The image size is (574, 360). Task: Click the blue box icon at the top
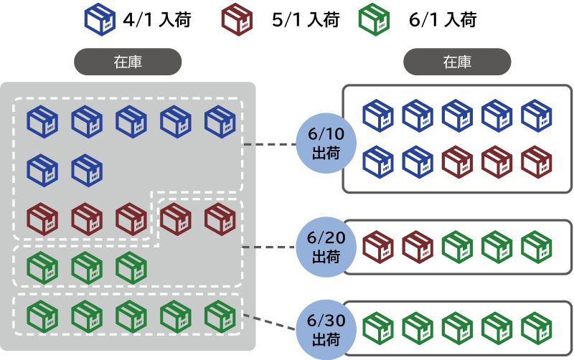[x=100, y=19]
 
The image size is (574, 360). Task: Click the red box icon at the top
[x=237, y=19]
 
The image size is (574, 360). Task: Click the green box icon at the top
[x=374, y=19]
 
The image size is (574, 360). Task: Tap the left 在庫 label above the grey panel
[x=128, y=62]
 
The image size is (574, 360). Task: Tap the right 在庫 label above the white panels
[x=457, y=62]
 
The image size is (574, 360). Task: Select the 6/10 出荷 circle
[x=326, y=144]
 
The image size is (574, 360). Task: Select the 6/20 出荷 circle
[x=326, y=247]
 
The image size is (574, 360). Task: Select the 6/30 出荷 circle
[x=326, y=328]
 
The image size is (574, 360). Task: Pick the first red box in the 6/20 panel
[x=378, y=247]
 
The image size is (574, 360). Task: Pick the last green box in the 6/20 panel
[x=536, y=247]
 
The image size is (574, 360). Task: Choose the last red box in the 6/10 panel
[x=536, y=162]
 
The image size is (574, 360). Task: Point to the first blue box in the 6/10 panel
[x=378, y=115]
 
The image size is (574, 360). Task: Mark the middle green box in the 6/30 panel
[x=457, y=328]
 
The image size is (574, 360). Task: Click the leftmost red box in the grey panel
[x=42, y=219]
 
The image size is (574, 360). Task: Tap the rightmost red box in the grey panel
[x=220, y=219]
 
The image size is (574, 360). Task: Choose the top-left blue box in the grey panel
[x=42, y=122]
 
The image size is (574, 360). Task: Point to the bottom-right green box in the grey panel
[x=220, y=316]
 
